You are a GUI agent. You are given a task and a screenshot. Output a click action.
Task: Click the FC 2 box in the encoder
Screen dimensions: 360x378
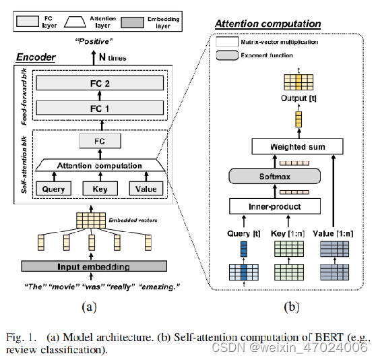[100, 84]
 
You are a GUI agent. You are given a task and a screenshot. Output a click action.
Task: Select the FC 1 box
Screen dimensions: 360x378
[100, 108]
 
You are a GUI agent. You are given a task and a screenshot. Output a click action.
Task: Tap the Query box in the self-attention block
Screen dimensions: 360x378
[53, 189]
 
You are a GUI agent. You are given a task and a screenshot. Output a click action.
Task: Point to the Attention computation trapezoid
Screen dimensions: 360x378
[100, 165]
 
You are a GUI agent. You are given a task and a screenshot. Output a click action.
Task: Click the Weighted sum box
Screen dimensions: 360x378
[297, 146]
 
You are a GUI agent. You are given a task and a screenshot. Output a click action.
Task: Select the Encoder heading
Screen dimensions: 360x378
[36, 58]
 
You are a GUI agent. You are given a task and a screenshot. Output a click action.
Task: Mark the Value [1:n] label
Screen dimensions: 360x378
[339, 233]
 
